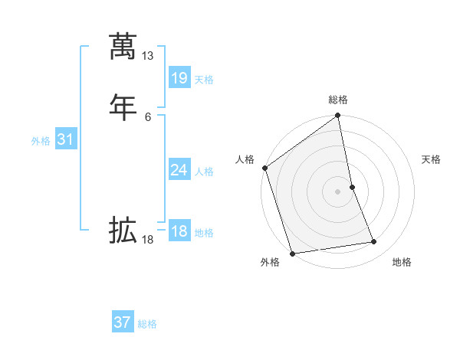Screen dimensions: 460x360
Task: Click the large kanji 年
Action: [x=123, y=105]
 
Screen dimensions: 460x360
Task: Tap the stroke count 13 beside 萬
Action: [x=148, y=56]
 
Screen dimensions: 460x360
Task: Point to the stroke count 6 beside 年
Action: [x=148, y=116]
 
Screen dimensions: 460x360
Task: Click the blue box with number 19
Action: [x=179, y=78]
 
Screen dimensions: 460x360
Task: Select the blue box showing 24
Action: [x=179, y=170]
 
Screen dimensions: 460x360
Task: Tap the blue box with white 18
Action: [x=179, y=231]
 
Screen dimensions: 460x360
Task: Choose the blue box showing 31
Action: [x=66, y=139]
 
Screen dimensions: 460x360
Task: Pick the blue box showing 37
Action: [x=123, y=322]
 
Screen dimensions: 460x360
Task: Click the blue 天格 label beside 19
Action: [x=203, y=80]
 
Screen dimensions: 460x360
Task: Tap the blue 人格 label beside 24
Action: [x=203, y=172]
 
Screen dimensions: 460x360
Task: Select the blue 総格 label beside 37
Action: [x=147, y=324]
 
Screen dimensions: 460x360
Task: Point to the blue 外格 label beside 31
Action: [x=41, y=141]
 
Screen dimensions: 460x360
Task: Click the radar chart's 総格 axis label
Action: [x=338, y=100]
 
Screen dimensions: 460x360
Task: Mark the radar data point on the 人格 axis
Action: [x=264, y=168]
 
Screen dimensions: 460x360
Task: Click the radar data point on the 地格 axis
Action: [x=374, y=242]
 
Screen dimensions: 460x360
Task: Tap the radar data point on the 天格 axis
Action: [x=352, y=187]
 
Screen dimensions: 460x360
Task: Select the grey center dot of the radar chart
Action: [x=338, y=191]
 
